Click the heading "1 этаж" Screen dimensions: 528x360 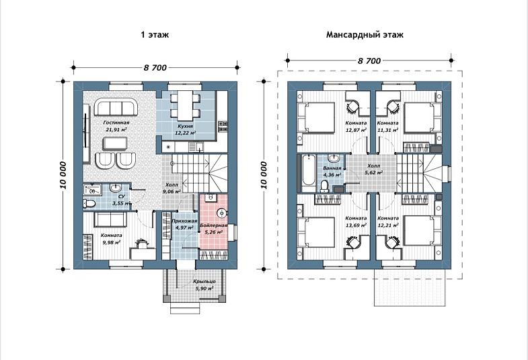coord(155,35)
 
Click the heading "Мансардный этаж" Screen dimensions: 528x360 coord(365,35)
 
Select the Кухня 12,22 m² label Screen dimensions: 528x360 coord(185,129)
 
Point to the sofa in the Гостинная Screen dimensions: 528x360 coord(116,107)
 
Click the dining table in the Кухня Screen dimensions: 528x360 coord(185,106)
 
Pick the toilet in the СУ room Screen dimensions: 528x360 coord(89,204)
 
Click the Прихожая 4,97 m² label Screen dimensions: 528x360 coord(184,224)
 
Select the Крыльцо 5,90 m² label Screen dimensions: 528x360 coord(204,285)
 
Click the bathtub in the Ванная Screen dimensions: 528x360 coord(309,170)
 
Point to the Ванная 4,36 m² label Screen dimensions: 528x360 coord(332,171)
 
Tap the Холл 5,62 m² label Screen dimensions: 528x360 coord(373,169)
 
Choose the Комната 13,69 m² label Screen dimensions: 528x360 coord(356,221)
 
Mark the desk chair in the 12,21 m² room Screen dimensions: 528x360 coord(392,242)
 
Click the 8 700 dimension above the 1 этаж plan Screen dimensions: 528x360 coord(155,68)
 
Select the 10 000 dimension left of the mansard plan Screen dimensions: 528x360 coord(263,175)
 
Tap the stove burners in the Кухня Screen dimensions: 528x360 coord(223,127)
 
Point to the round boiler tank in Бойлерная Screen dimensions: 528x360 coord(221,213)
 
